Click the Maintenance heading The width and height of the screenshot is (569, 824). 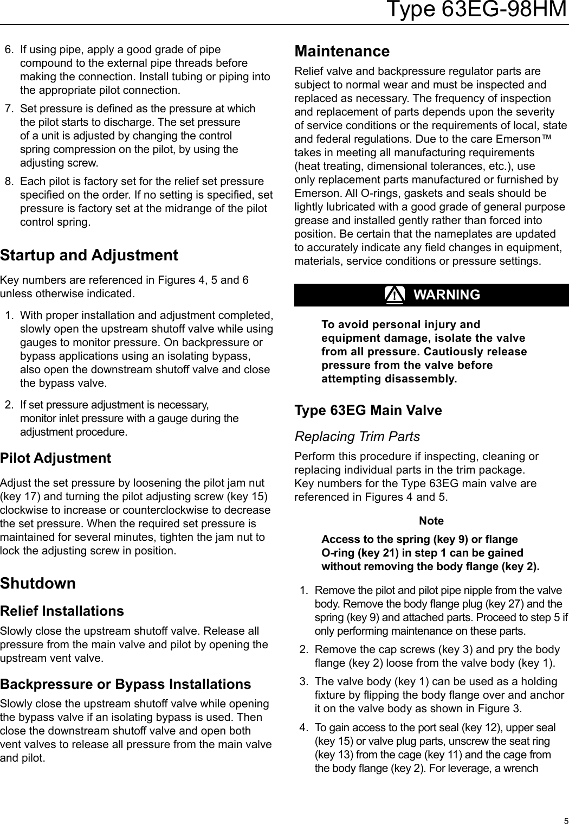pyautogui.click(x=341, y=51)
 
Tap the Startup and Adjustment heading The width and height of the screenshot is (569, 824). pyautogui.click(x=89, y=255)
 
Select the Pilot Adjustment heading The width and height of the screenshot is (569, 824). pyautogui.click(x=55, y=458)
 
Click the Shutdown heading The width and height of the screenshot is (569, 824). pyautogui.click(x=38, y=583)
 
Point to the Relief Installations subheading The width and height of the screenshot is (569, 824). pyautogui.click(x=62, y=611)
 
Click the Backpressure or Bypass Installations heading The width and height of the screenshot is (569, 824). pyautogui.click(x=125, y=684)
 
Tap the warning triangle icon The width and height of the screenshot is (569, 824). pyautogui.click(x=395, y=295)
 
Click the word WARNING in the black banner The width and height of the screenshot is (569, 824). pyautogui.click(x=447, y=295)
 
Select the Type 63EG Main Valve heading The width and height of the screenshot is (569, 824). pyautogui.click(x=368, y=410)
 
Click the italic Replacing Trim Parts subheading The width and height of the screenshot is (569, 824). pyautogui.click(x=357, y=436)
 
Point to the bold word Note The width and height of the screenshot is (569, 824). pyautogui.click(x=431, y=521)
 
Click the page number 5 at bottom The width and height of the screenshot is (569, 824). pyautogui.click(x=565, y=820)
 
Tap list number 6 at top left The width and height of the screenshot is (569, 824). pyautogui.click(x=9, y=49)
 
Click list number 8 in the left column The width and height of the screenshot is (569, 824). pyautogui.click(x=9, y=181)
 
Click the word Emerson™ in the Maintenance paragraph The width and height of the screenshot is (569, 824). pyautogui.click(x=525, y=139)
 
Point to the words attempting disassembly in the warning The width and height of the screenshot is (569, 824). pyautogui.click(x=389, y=379)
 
